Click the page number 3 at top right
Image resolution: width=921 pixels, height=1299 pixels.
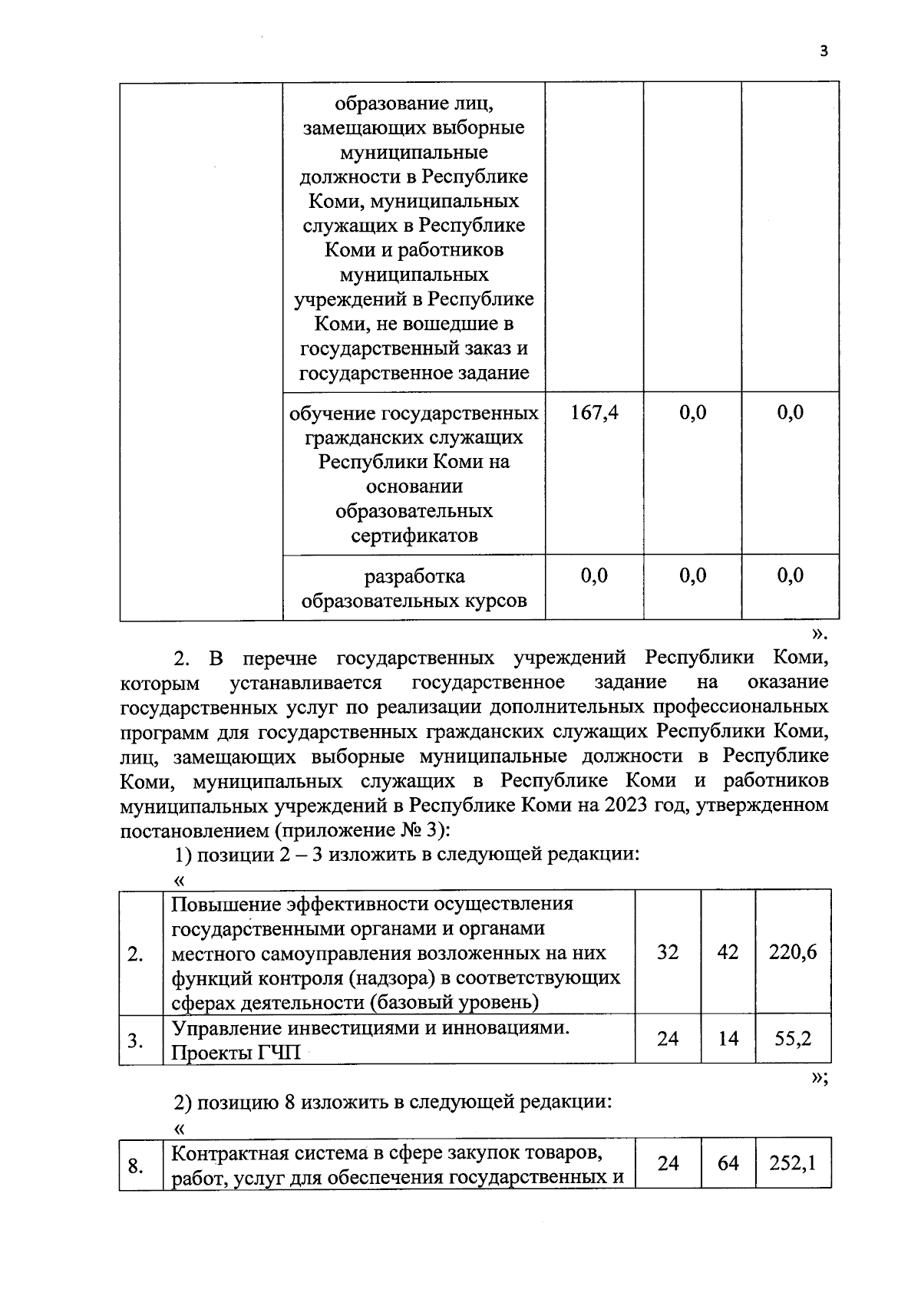click(824, 51)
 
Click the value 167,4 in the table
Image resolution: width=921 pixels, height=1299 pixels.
click(594, 413)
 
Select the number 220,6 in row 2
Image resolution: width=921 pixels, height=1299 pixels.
click(793, 952)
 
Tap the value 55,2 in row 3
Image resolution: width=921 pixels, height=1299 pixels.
click(793, 1039)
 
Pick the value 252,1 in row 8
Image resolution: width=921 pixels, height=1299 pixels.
click(793, 1163)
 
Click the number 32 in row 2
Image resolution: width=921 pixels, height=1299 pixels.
click(668, 952)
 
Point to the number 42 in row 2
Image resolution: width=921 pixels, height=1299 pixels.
click(728, 952)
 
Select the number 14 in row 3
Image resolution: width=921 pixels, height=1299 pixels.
click(728, 1039)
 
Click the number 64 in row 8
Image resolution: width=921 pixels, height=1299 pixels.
click(728, 1163)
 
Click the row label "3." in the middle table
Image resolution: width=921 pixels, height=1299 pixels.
click(136, 1041)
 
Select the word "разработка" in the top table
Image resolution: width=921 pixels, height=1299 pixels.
click(414, 575)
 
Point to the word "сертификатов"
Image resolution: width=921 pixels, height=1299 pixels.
click(414, 536)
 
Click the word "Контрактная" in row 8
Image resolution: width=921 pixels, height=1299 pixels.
click(227, 1153)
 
